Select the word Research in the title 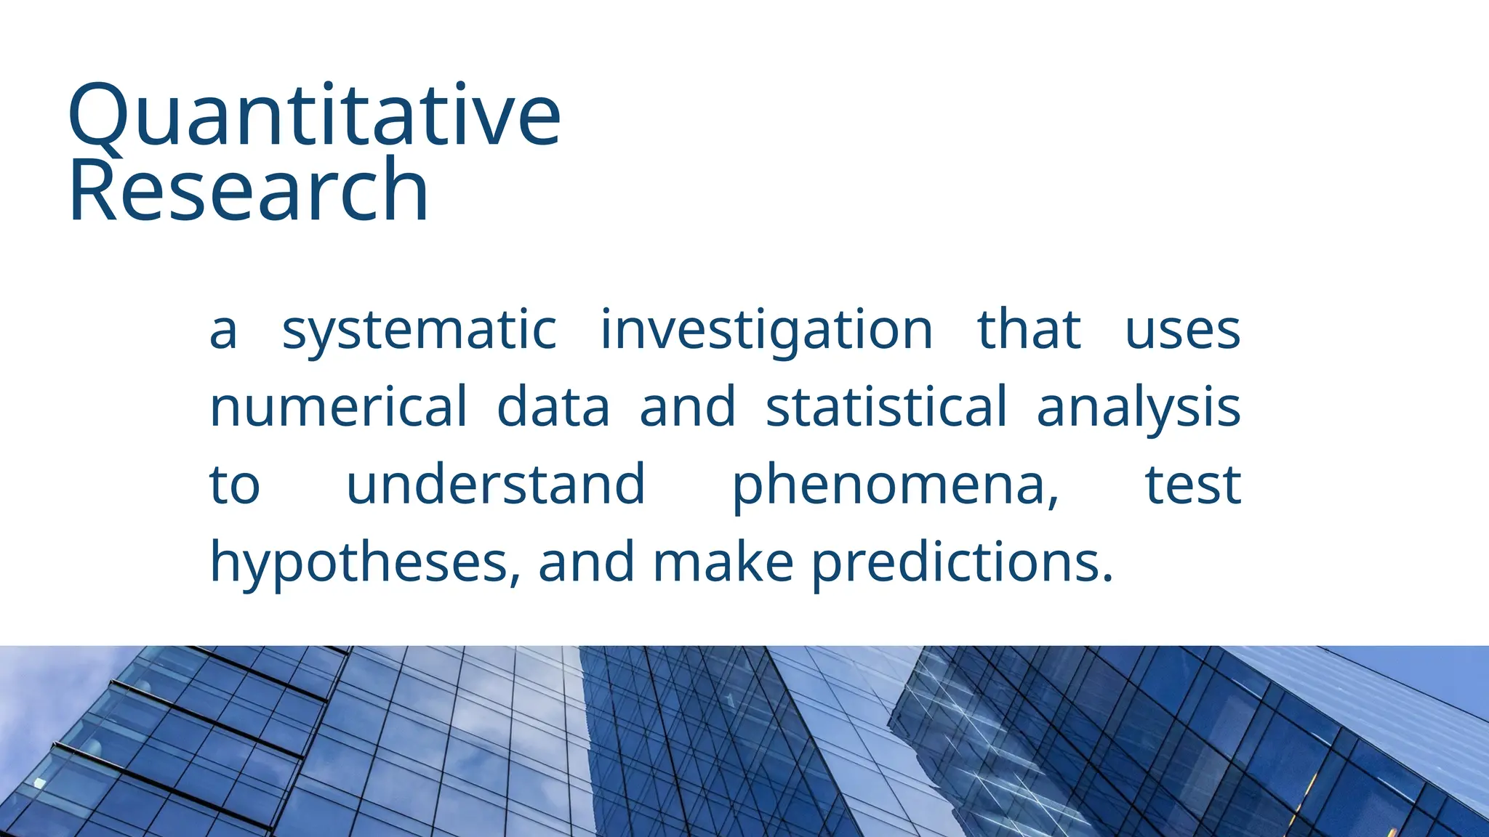(x=248, y=190)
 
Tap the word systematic (x=419, y=331)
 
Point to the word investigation (x=766, y=331)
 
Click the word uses (x=1182, y=331)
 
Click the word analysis (x=1138, y=408)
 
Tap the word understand (x=496, y=485)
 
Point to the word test (x=1193, y=485)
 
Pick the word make (x=723, y=562)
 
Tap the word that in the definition (x=1029, y=331)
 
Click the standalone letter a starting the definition (x=223, y=332)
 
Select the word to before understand (x=234, y=485)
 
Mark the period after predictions (x=1107, y=579)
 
